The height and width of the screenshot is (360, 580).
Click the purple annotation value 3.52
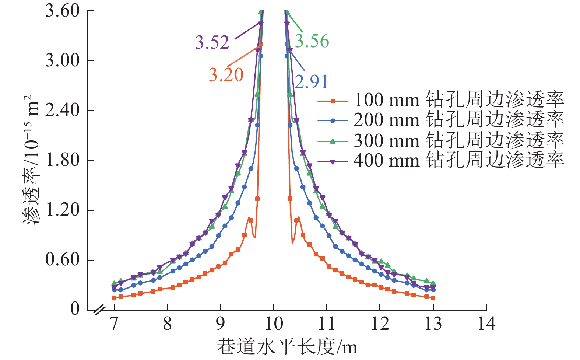pyautogui.click(x=212, y=42)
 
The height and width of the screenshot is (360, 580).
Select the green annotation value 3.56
pyautogui.click(x=312, y=41)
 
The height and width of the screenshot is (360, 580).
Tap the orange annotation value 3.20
pyautogui.click(x=226, y=75)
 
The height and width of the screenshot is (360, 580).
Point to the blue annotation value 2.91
pyautogui.click(x=311, y=82)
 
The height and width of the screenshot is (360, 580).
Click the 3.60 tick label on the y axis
pyautogui.click(x=62, y=11)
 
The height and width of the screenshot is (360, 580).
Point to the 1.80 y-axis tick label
pyautogui.click(x=62, y=160)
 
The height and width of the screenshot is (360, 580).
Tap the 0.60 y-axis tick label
pyautogui.click(x=62, y=259)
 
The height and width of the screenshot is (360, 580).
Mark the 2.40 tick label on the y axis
pyautogui.click(x=62, y=110)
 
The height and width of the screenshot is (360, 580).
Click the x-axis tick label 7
pyautogui.click(x=114, y=324)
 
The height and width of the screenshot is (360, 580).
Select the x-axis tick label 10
pyautogui.click(x=274, y=324)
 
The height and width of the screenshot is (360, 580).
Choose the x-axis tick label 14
pyautogui.click(x=486, y=324)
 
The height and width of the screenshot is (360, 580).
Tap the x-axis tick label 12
pyautogui.click(x=380, y=324)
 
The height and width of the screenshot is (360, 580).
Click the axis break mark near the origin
pyautogui.click(x=99, y=310)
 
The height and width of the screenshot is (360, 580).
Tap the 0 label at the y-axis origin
pyautogui.click(x=75, y=309)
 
